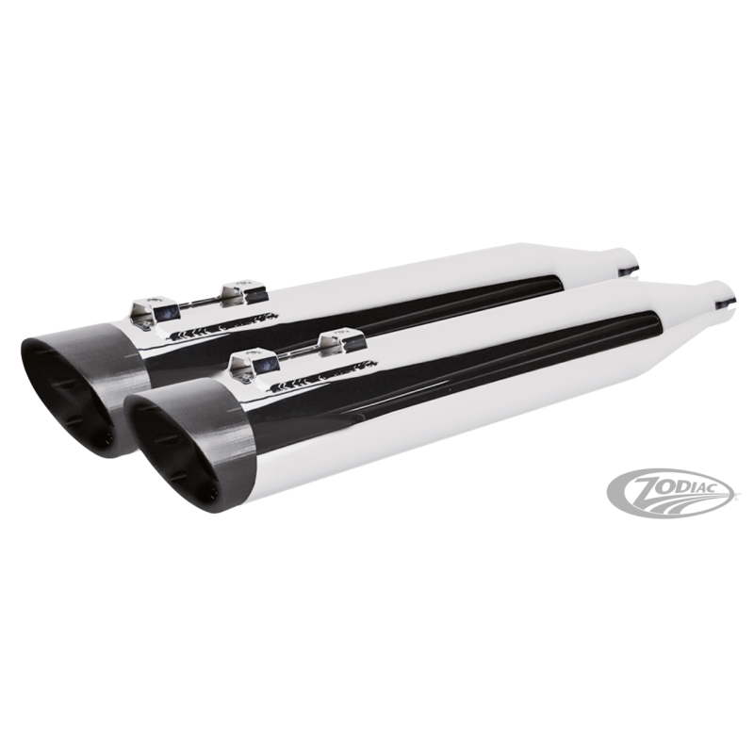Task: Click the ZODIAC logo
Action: (x=670, y=492)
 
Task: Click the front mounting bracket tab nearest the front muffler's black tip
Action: (x=254, y=363)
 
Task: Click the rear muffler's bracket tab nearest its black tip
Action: (x=155, y=309)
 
